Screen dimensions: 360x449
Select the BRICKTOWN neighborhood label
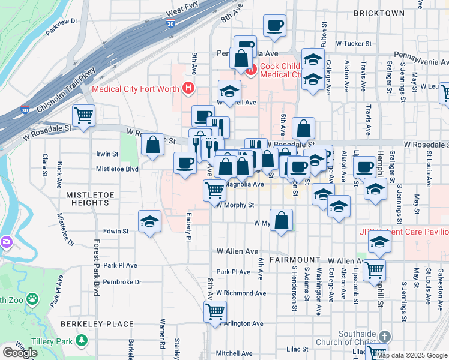point(379,13)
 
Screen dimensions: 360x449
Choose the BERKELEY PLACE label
point(97,324)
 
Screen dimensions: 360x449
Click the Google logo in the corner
point(20,353)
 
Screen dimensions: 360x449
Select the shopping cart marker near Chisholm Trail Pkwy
point(84,115)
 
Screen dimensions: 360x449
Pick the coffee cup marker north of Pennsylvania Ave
point(274,26)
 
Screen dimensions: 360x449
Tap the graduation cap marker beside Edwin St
point(149,221)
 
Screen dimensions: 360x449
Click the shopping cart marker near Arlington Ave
point(215,311)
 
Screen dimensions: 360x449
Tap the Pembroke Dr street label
point(122,281)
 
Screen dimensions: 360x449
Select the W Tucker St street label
point(354,44)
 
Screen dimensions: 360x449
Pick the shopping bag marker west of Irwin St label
point(153,144)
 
